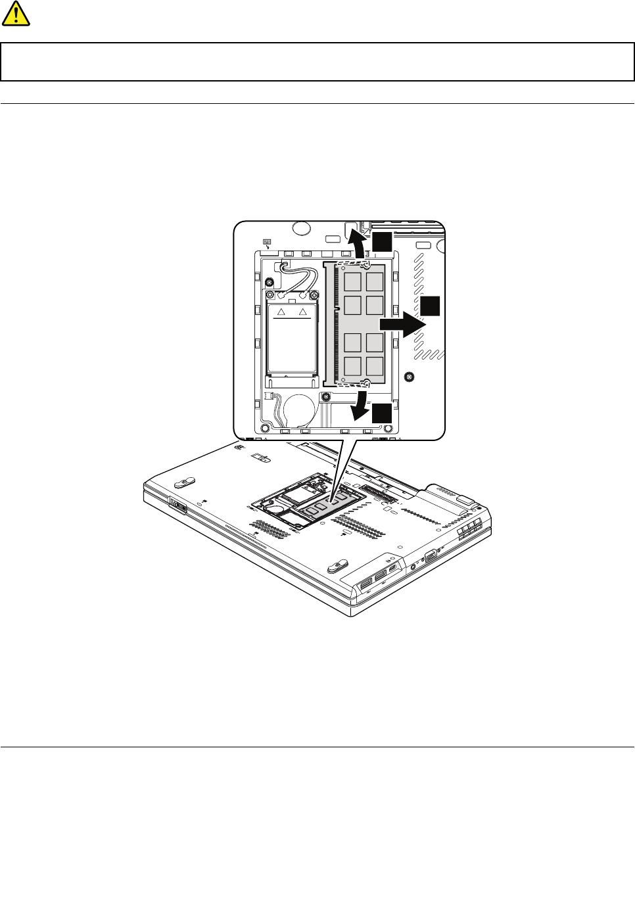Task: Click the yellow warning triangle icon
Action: (16, 13)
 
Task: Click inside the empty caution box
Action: (317, 62)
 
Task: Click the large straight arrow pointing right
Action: (402, 324)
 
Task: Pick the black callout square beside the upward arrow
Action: (382, 242)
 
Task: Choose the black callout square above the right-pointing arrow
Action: (430, 306)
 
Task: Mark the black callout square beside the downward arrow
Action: (382, 413)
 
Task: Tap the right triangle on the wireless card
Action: (303, 312)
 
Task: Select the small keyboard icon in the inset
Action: (267, 242)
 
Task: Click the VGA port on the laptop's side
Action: (431, 555)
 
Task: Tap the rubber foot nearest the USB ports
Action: (337, 564)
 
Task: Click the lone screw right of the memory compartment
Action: (410, 377)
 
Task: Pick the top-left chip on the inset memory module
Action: (353, 281)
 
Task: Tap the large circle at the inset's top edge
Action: (301, 228)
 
